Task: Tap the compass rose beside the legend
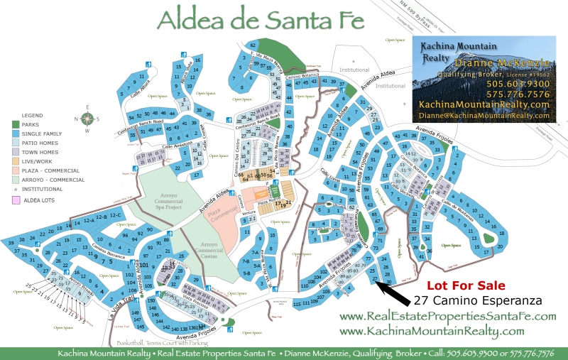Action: click(86, 119)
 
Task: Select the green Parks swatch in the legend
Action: click(15, 125)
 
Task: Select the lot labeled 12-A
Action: click(89, 222)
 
